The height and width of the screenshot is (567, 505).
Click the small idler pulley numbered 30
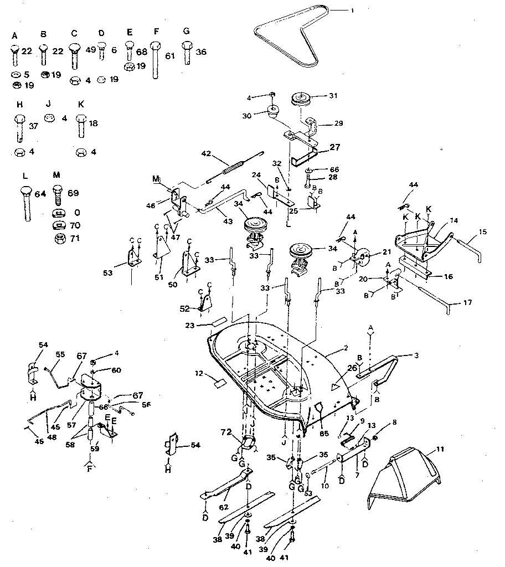click(x=273, y=114)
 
